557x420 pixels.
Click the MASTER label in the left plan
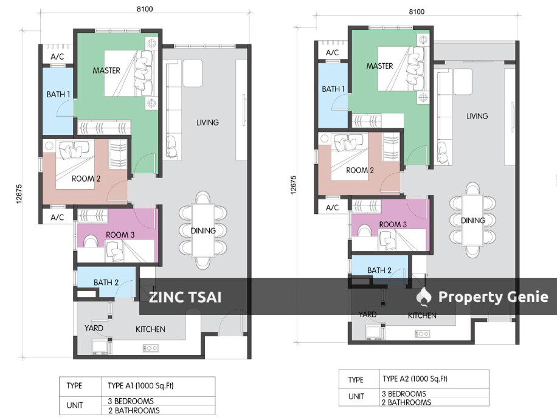[106, 71]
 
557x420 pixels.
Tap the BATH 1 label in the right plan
[333, 89]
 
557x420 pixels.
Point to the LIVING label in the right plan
[477, 116]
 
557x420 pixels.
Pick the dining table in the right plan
[472, 220]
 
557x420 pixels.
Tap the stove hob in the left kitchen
[150, 348]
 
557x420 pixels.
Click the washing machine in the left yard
[99, 347]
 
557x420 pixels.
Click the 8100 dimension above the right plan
[416, 12]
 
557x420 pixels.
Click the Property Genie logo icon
[424, 297]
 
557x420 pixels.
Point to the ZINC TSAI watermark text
[185, 297]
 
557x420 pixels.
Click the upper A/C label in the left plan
[57, 57]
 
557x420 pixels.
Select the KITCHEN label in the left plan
[150, 329]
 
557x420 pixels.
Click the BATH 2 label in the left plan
[106, 283]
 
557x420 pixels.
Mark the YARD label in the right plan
[367, 314]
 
